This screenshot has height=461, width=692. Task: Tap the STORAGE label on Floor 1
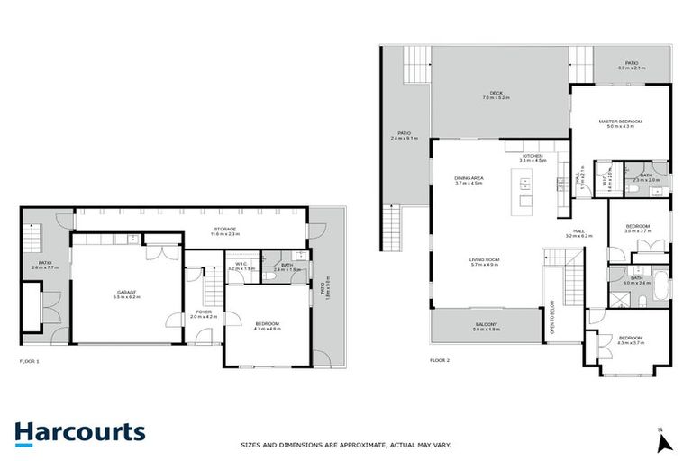(x=224, y=230)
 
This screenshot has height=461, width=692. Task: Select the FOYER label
(x=204, y=312)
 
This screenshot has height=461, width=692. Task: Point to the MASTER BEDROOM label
(x=621, y=122)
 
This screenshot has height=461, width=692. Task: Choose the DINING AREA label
(x=469, y=178)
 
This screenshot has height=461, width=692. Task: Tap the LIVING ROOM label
(x=484, y=261)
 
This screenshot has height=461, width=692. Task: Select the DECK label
(x=496, y=93)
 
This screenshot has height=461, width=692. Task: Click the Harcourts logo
(x=78, y=432)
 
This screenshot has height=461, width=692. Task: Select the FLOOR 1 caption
(x=30, y=360)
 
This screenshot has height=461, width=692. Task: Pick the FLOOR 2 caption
(x=441, y=360)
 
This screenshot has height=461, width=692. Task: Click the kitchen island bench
(x=524, y=191)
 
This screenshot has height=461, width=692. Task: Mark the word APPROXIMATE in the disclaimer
(x=356, y=445)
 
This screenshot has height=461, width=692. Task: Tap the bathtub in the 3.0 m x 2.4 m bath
(x=657, y=285)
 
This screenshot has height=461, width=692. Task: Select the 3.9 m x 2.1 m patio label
(x=633, y=66)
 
